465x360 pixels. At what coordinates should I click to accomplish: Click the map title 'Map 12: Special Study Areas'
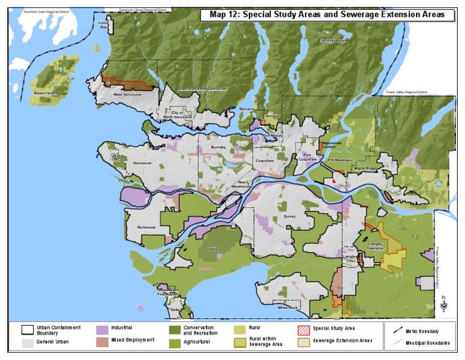point(327,15)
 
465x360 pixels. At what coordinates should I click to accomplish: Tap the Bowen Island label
point(45,93)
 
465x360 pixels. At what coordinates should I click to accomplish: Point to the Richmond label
point(147,227)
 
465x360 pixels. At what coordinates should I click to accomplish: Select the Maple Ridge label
point(365,168)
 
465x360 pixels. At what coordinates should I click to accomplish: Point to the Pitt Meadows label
point(340,160)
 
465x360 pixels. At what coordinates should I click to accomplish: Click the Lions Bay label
point(104,25)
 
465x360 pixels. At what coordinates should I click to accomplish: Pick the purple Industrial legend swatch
point(102,329)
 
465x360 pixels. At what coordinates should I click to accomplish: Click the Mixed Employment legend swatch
point(102,341)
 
